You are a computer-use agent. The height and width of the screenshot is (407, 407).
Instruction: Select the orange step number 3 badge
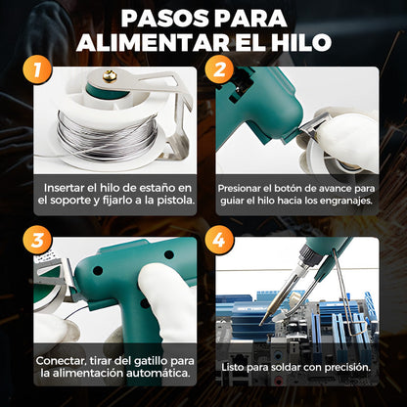click(35, 239)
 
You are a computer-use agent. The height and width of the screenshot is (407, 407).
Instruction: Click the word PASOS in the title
click(161, 20)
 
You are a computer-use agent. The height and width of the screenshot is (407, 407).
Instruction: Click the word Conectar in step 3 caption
click(61, 359)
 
